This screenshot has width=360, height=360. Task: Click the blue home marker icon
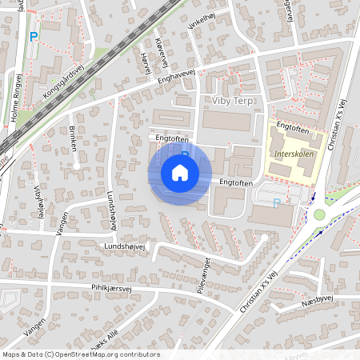click(180, 172)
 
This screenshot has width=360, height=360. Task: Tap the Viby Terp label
click(232, 100)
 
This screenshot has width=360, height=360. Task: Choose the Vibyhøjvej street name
click(38, 197)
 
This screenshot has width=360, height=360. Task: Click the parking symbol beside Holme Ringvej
click(34, 36)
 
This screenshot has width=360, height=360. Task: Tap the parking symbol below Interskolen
click(277, 203)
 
